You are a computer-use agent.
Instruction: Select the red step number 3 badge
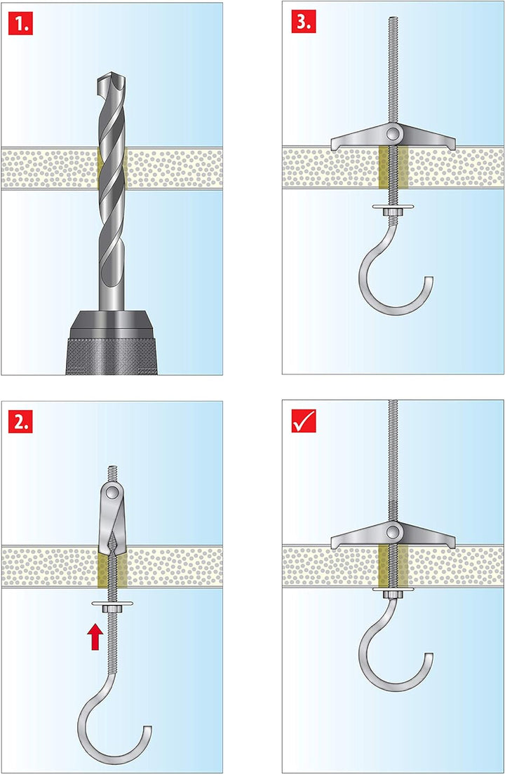[x=303, y=22]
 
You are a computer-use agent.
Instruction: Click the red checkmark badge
[x=303, y=421]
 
